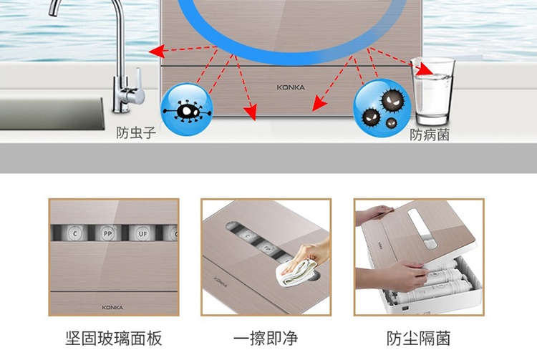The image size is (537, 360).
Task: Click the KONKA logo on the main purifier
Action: [x=291, y=87]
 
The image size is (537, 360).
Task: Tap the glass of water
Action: [x=433, y=92]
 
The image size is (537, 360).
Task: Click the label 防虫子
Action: [x=136, y=133]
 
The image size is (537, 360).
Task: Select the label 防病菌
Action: [x=430, y=135]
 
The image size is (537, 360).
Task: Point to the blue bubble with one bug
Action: [x=187, y=110]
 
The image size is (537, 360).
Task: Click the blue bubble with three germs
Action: [x=382, y=108]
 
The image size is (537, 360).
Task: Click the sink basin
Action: [x=52, y=114]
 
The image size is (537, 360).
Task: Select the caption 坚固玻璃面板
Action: [x=114, y=339]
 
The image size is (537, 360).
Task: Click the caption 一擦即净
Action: [x=266, y=339]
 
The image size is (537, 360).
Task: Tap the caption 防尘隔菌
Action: [x=419, y=339]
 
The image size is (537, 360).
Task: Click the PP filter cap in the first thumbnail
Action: [x=108, y=233]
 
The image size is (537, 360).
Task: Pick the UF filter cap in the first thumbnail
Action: [x=142, y=233]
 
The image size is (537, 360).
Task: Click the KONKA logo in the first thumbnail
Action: [x=112, y=307]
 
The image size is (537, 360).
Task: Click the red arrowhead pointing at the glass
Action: [x=425, y=69]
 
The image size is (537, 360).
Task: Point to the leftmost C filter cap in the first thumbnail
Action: [x=74, y=233]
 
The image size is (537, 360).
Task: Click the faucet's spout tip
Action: [x=53, y=13]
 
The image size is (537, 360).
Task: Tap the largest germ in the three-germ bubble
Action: [x=392, y=100]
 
